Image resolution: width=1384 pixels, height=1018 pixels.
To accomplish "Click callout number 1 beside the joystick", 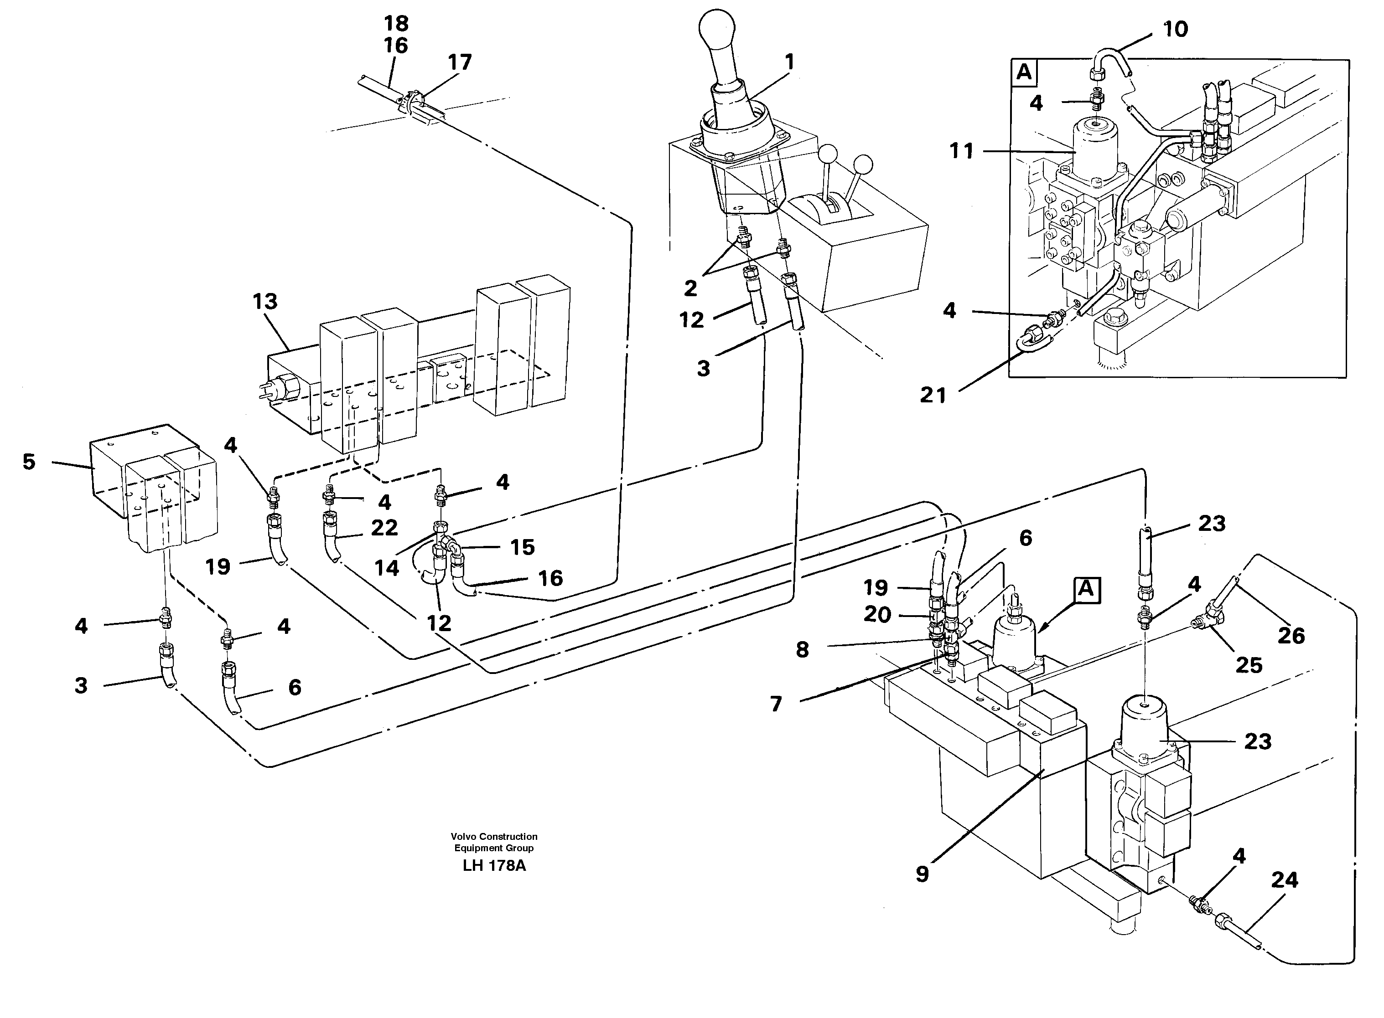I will tap(789, 62).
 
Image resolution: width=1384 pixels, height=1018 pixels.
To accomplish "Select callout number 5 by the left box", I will tap(29, 462).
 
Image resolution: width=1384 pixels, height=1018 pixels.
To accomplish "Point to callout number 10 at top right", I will tap(1175, 29).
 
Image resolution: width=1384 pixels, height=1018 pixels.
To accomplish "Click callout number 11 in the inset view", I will tap(961, 150).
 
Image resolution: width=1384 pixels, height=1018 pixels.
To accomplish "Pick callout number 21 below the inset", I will tap(933, 395).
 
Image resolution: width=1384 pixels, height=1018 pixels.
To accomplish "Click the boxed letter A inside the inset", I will tap(1024, 73).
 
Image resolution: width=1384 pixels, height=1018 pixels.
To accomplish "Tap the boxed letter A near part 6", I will tap(1086, 590).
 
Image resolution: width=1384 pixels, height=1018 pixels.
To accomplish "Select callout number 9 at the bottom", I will tap(922, 874).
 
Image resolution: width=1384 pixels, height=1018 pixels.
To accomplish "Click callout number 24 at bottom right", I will tap(1284, 879).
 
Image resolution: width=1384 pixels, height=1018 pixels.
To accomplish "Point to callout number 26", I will tap(1291, 635).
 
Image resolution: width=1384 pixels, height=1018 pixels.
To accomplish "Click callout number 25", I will tap(1249, 665).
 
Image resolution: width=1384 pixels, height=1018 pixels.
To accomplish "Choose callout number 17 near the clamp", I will tap(460, 62).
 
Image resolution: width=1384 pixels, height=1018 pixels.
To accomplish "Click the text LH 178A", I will tap(494, 865).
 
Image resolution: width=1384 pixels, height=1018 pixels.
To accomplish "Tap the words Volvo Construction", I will tap(494, 836).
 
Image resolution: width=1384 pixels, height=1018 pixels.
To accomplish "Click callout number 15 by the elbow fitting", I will tap(522, 547).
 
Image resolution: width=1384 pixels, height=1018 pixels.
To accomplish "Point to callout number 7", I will tap(776, 704).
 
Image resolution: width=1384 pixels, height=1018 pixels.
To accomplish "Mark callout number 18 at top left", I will tap(396, 23).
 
